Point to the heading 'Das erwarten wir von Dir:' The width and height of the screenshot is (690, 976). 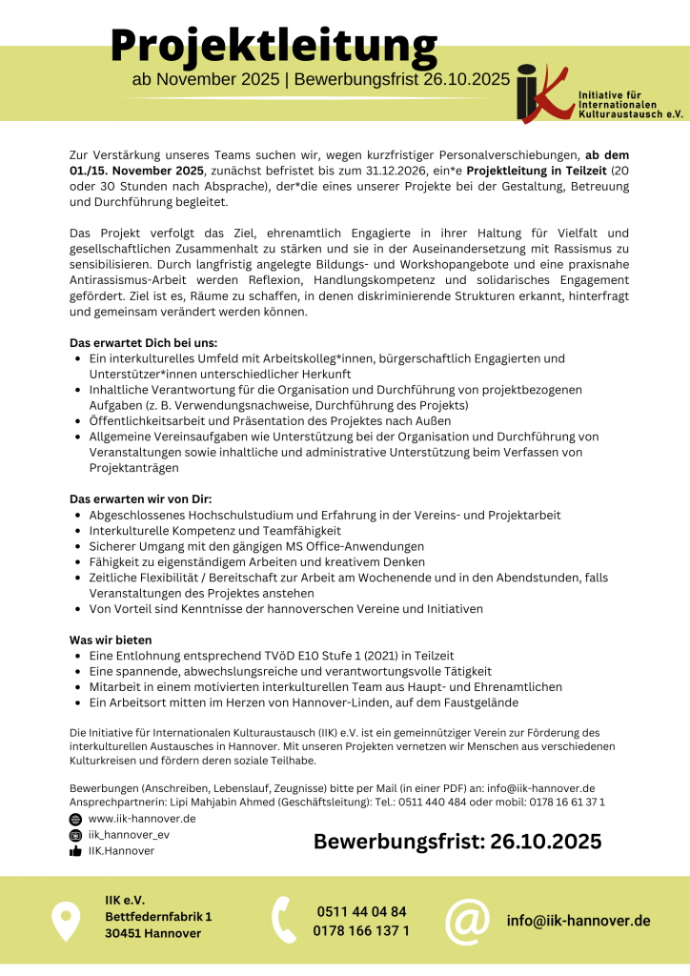pyautogui.click(x=140, y=498)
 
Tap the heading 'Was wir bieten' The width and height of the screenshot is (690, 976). pyautogui.click(x=111, y=640)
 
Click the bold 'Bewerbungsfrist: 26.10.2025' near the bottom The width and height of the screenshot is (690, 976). pyautogui.click(x=457, y=841)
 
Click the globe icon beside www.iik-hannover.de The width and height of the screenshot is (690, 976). pyautogui.click(x=75, y=819)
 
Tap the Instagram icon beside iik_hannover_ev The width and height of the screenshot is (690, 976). pyautogui.click(x=75, y=835)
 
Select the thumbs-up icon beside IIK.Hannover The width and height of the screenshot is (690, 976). pyautogui.click(x=75, y=851)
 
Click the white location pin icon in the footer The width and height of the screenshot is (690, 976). pyautogui.click(x=65, y=921)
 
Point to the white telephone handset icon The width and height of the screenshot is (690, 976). pyautogui.click(x=284, y=921)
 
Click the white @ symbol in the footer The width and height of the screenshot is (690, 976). pyautogui.click(x=467, y=921)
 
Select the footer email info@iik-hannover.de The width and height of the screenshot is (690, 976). pyautogui.click(x=578, y=921)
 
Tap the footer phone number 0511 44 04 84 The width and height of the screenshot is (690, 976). pyautogui.click(x=361, y=911)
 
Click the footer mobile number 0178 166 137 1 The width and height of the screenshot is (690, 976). pyautogui.click(x=361, y=930)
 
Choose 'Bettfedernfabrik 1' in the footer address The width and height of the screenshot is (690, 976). pyautogui.click(x=158, y=916)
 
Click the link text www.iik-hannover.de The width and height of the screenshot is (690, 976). pyautogui.click(x=142, y=819)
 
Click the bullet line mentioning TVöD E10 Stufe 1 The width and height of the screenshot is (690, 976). pyautogui.click(x=272, y=656)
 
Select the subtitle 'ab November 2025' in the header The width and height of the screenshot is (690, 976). pyautogui.click(x=205, y=79)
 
